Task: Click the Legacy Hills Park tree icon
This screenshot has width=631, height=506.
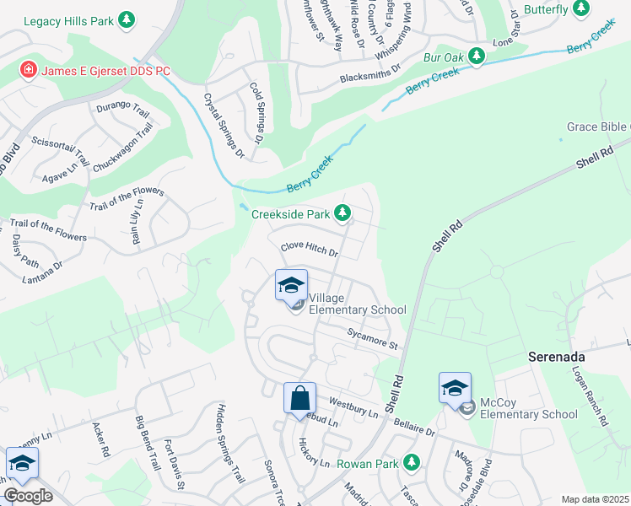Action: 127,19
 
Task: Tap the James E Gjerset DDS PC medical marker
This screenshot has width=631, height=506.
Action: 28,69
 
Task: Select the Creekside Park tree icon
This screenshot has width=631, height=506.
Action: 342,213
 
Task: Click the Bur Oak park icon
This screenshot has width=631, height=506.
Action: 477,57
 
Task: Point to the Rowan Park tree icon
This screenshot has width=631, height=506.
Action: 411,462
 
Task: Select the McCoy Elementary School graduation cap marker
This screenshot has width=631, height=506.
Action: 455,389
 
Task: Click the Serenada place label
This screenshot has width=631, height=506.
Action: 557,357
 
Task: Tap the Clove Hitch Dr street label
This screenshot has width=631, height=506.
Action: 310,250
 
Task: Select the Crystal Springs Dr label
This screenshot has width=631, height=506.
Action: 224,125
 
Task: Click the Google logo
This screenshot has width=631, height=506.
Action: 28,496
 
